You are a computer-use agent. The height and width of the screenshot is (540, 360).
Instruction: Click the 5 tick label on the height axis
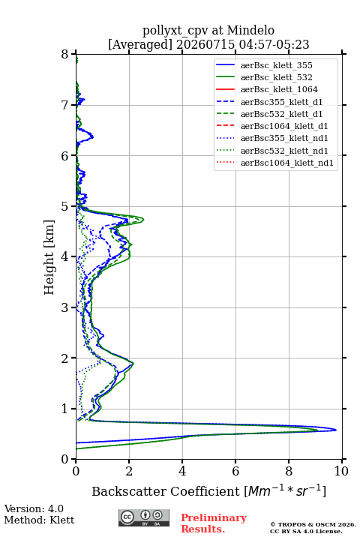(x=65, y=206)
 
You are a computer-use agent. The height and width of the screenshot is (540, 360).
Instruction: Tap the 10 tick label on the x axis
(x=341, y=471)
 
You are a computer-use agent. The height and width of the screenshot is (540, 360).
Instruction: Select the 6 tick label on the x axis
(x=235, y=471)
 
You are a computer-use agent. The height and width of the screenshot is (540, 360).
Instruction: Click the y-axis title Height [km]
(x=49, y=257)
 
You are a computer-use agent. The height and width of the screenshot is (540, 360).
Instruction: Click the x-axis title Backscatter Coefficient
(x=166, y=491)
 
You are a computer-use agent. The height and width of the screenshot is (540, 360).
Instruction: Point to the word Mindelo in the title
(x=250, y=31)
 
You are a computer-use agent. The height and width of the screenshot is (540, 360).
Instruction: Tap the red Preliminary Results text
(x=214, y=523)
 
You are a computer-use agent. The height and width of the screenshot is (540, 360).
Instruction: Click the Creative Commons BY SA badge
(x=144, y=517)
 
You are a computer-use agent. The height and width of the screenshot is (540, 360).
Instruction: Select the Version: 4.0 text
(x=34, y=509)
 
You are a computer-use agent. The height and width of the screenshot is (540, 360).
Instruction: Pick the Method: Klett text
(x=39, y=520)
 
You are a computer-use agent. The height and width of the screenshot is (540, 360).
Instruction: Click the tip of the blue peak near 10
(x=336, y=430)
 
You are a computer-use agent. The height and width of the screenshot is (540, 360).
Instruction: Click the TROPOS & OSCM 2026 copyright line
(x=313, y=524)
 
